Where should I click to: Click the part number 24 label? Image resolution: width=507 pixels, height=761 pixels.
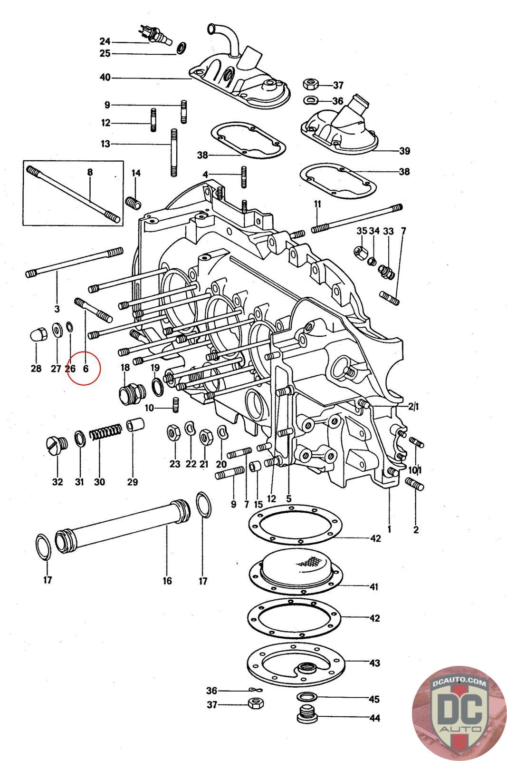pyautogui.click(x=105, y=41)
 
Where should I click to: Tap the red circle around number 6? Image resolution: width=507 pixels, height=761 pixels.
pyautogui.click(x=84, y=368)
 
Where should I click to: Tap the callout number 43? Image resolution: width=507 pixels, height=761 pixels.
pyautogui.click(x=374, y=663)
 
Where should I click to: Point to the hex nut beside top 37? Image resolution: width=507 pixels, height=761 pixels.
pyautogui.click(x=311, y=85)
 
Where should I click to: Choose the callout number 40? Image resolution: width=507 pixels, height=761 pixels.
pyautogui.click(x=105, y=77)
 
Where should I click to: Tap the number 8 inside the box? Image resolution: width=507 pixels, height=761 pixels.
pyautogui.click(x=89, y=173)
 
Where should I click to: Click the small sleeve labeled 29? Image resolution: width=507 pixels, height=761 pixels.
pyautogui.click(x=135, y=424)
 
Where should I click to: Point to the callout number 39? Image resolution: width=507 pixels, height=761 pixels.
pyautogui.click(x=404, y=151)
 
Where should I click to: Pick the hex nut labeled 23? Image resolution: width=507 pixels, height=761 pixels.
pyautogui.click(x=173, y=433)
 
